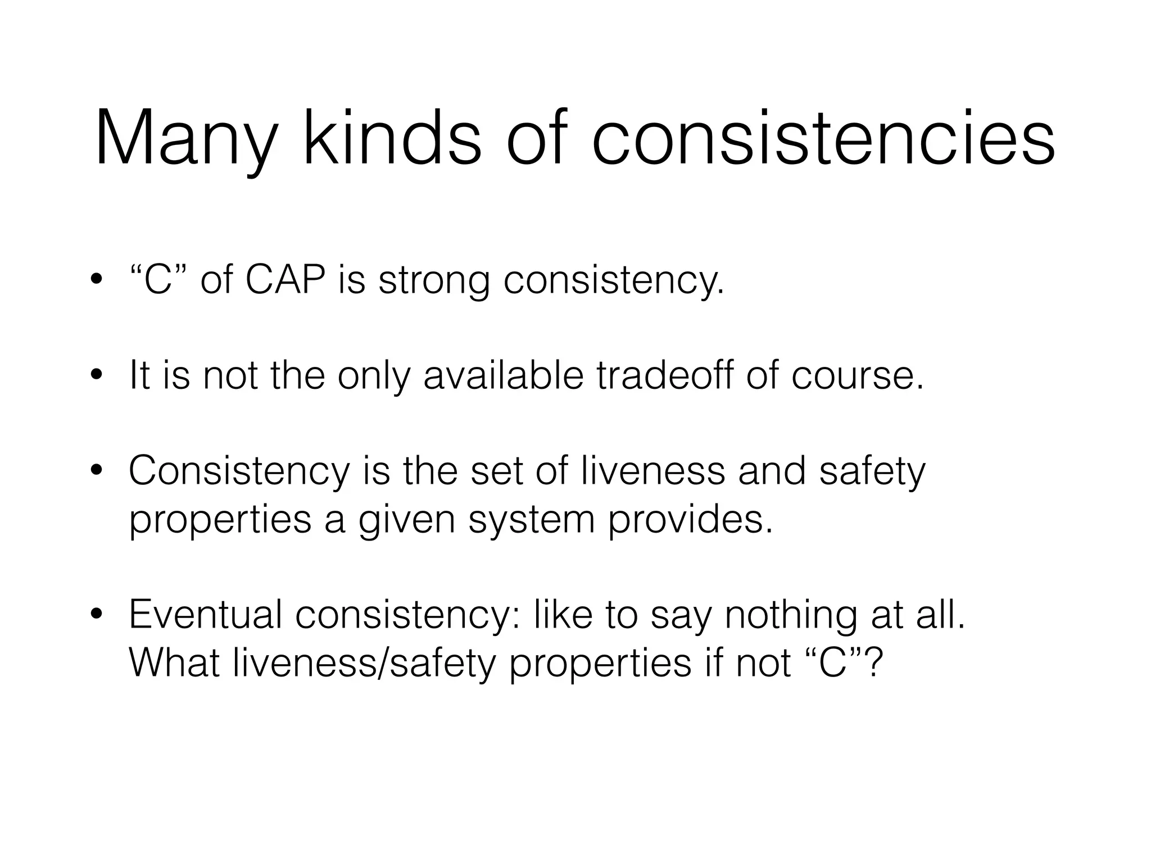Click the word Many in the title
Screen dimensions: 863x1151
(x=185, y=139)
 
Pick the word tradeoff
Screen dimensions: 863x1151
(x=665, y=375)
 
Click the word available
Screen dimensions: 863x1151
(x=504, y=375)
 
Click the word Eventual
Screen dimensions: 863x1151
(x=206, y=614)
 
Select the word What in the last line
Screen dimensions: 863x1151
(x=174, y=662)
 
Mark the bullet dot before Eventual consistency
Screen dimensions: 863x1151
(x=97, y=615)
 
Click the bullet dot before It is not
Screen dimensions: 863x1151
(x=97, y=376)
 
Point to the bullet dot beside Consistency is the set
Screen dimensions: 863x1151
(x=97, y=471)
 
